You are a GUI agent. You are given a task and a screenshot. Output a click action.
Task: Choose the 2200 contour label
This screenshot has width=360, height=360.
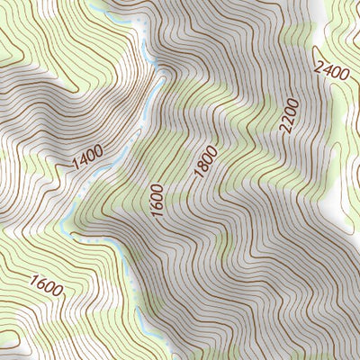(x=287, y=116)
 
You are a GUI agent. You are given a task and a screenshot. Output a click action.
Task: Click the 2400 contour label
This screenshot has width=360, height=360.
(x=334, y=65)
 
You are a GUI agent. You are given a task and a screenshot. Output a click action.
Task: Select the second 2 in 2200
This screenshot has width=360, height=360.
(x=286, y=121)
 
